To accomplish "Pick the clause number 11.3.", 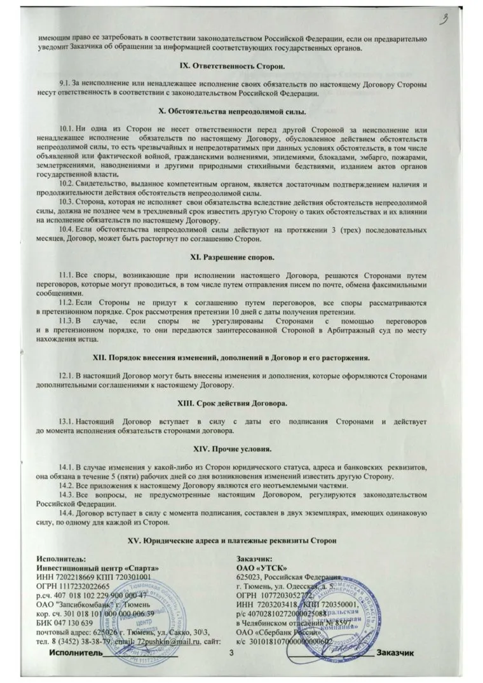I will pos(68,322).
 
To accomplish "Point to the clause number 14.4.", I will pos(68,512).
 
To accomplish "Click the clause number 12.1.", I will pos(68,376).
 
